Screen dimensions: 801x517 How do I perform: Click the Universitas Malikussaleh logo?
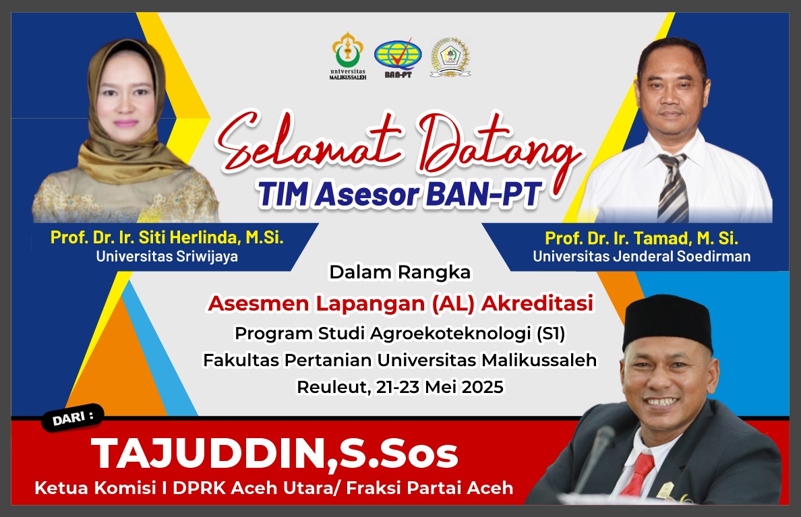[x=348, y=55]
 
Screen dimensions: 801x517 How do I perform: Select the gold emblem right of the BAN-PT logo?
[x=450, y=57]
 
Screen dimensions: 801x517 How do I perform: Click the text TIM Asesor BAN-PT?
[x=399, y=194]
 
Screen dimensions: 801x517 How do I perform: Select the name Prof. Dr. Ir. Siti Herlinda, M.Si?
[x=167, y=237]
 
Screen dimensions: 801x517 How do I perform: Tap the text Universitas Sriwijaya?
[x=167, y=256]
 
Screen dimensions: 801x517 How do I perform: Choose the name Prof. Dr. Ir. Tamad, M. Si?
[x=642, y=238]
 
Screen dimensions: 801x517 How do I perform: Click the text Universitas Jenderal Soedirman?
[x=642, y=256]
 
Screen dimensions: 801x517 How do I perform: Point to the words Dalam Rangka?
[x=399, y=272]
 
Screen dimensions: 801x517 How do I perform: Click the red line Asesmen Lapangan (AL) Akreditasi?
[x=400, y=303]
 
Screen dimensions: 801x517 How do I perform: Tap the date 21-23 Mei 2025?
[x=440, y=387]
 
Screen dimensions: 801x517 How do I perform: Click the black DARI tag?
[x=73, y=418]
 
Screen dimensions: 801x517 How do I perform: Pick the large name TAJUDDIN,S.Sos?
[x=274, y=454]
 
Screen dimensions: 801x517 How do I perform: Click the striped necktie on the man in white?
[x=673, y=188]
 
